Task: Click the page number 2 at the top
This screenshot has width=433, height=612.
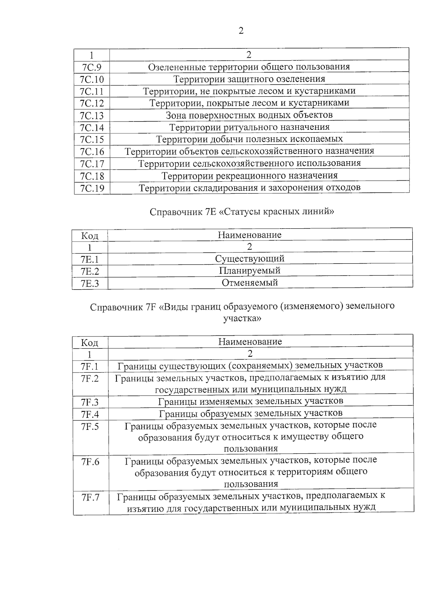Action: pyautogui.click(x=241, y=31)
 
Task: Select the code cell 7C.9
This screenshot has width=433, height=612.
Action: pyautogui.click(x=92, y=67)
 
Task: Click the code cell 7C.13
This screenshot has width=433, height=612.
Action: pyautogui.click(x=92, y=115)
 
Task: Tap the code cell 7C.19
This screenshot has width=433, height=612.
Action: pyautogui.click(x=92, y=188)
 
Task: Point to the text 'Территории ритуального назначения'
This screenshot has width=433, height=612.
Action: pyautogui.click(x=249, y=127)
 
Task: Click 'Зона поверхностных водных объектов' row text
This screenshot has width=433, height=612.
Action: pyautogui.click(x=249, y=115)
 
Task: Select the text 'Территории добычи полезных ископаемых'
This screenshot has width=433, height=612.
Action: pyautogui.click(x=249, y=139)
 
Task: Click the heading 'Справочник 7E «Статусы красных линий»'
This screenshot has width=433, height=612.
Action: pyautogui.click(x=241, y=212)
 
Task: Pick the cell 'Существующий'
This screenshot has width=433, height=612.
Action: pyautogui.click(x=250, y=259)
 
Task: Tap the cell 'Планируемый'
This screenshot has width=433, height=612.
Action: pyautogui.click(x=250, y=270)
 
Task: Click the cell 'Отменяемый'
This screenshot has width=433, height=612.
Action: pyautogui.click(x=250, y=282)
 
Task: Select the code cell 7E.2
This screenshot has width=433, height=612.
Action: pyautogui.click(x=90, y=271)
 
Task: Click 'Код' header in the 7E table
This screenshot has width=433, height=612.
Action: pyautogui.click(x=89, y=236)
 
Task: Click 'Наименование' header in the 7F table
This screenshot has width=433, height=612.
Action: pyautogui.click(x=250, y=342)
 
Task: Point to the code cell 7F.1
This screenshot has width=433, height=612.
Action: pyautogui.click(x=90, y=367)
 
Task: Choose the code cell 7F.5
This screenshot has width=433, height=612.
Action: pyautogui.click(x=90, y=426)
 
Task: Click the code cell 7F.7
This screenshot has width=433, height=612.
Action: pyautogui.click(x=90, y=497)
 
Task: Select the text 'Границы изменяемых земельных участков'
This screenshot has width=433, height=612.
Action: pyautogui.click(x=251, y=401)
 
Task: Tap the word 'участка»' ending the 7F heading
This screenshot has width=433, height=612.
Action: pyautogui.click(x=242, y=318)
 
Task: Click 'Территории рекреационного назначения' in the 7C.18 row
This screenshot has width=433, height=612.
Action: pyautogui.click(x=249, y=176)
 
